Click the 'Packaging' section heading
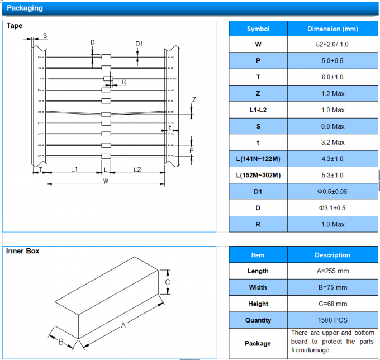(25, 8)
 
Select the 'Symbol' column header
(258, 29)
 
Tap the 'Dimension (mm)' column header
(332, 29)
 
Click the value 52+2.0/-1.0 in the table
(332, 45)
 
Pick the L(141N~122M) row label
(258, 159)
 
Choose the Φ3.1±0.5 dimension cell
(332, 208)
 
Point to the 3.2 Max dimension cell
(332, 143)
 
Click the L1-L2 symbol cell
(258, 110)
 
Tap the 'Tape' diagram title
(15, 26)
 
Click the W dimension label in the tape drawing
(106, 181)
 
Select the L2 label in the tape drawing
(137, 168)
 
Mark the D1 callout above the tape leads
(139, 44)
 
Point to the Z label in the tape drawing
(194, 100)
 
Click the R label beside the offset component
(124, 82)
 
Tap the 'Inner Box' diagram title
(23, 252)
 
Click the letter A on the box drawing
(123, 325)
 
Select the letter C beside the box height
(167, 283)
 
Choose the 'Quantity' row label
(258, 320)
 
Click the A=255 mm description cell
(332, 271)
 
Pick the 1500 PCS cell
(332, 320)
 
